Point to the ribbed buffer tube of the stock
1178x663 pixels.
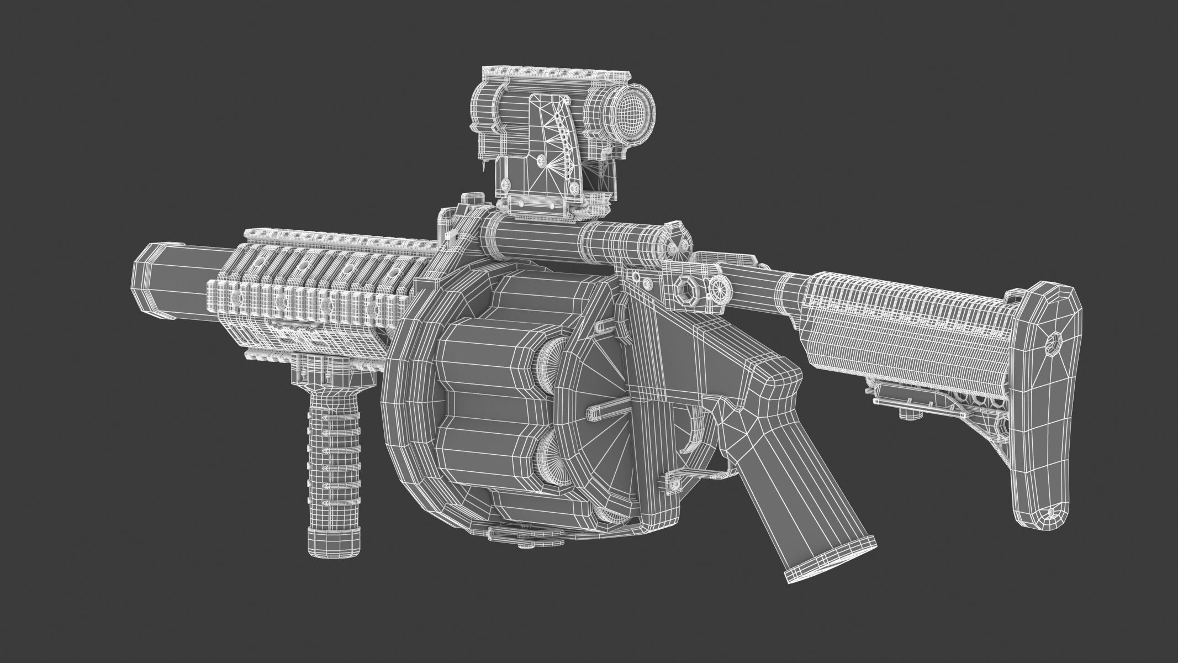[x=906, y=326]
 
